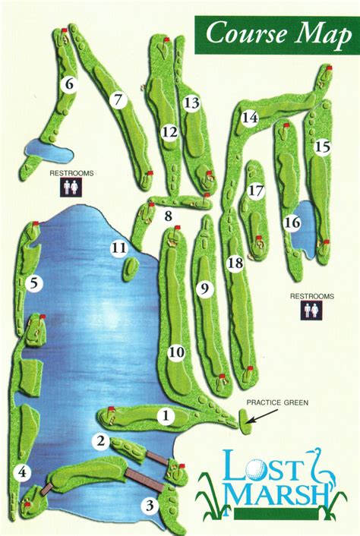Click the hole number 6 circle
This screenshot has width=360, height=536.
[69, 84]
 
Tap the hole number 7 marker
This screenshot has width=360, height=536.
[117, 99]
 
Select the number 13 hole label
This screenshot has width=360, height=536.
[191, 102]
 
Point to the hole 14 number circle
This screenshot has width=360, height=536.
[250, 118]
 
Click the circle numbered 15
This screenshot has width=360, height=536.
[323, 147]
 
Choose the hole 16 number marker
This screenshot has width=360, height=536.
[292, 222]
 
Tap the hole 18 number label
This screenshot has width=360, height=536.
[235, 263]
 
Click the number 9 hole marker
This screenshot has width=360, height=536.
[203, 288]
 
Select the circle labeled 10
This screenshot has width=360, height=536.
[176, 352]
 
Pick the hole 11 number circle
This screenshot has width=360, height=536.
[118, 248]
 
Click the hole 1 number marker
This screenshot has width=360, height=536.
[165, 415]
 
